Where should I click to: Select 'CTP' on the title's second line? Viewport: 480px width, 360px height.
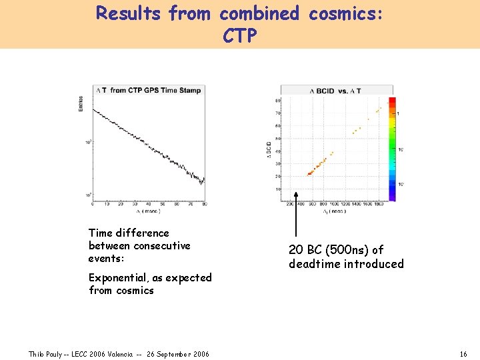point(240,36)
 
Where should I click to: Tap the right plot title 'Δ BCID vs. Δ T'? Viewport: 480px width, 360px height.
point(336,91)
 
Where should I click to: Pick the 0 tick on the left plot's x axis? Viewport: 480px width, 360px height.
point(93,204)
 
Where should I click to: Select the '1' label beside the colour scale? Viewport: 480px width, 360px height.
point(399,114)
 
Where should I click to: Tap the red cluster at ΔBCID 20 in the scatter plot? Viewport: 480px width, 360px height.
point(310,173)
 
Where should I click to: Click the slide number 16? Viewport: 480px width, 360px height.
point(463,353)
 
